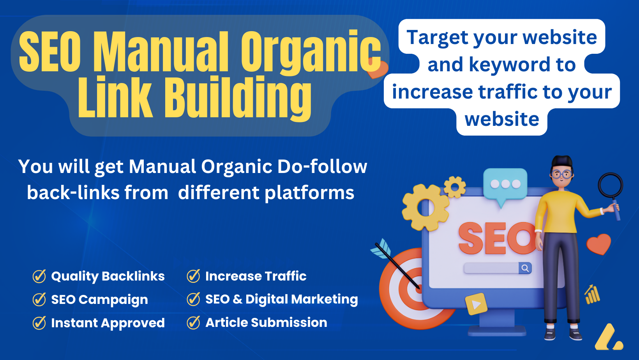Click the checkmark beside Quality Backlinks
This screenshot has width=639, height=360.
pos(39,276)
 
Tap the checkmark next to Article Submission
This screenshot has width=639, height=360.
pos(193,323)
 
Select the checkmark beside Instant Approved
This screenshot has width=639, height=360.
pos(39,323)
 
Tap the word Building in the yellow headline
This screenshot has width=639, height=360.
pos(237,97)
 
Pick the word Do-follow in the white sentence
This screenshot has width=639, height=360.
pos(322,166)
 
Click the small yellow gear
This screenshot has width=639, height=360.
pos(455,187)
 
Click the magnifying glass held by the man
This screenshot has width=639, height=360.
pos(611,194)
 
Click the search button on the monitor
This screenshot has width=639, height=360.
pos(525,268)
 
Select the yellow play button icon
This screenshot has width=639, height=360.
pos(476,304)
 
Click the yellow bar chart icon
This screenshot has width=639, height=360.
pos(592,295)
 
